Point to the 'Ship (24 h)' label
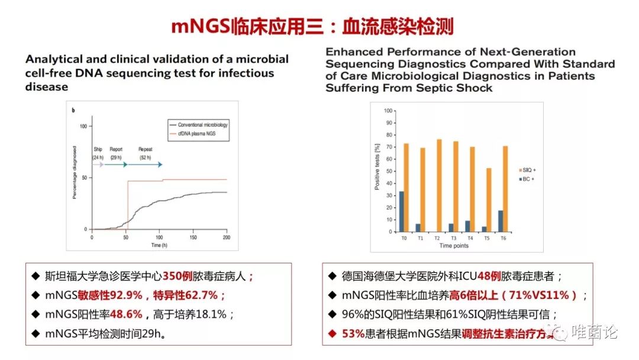pos(98,153)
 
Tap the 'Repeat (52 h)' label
pos(145,153)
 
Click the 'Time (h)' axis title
pos(159,245)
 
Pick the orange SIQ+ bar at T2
pos(439,185)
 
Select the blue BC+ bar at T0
pos(402,211)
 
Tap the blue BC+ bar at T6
pos(501,221)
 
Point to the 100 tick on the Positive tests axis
pos(388,111)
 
